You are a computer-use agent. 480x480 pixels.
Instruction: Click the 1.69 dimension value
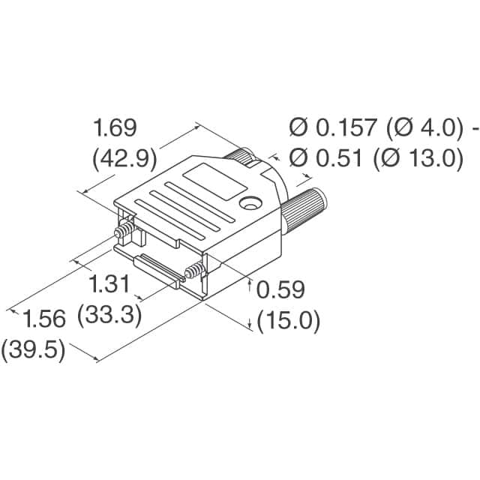pyautogui.click(x=115, y=128)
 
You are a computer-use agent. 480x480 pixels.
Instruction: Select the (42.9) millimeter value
pyautogui.click(x=123, y=159)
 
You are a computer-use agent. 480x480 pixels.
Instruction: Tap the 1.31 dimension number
pyautogui.click(x=109, y=285)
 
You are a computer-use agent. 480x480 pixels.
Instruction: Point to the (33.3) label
pyautogui.click(x=110, y=316)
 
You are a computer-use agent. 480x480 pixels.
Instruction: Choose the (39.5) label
pyautogui.click(x=33, y=350)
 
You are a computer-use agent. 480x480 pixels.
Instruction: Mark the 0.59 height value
pyautogui.click(x=280, y=290)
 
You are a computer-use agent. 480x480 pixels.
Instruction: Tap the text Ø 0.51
pyautogui.click(x=324, y=159)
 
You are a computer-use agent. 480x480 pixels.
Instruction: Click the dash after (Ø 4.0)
pyautogui.click(x=474, y=129)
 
